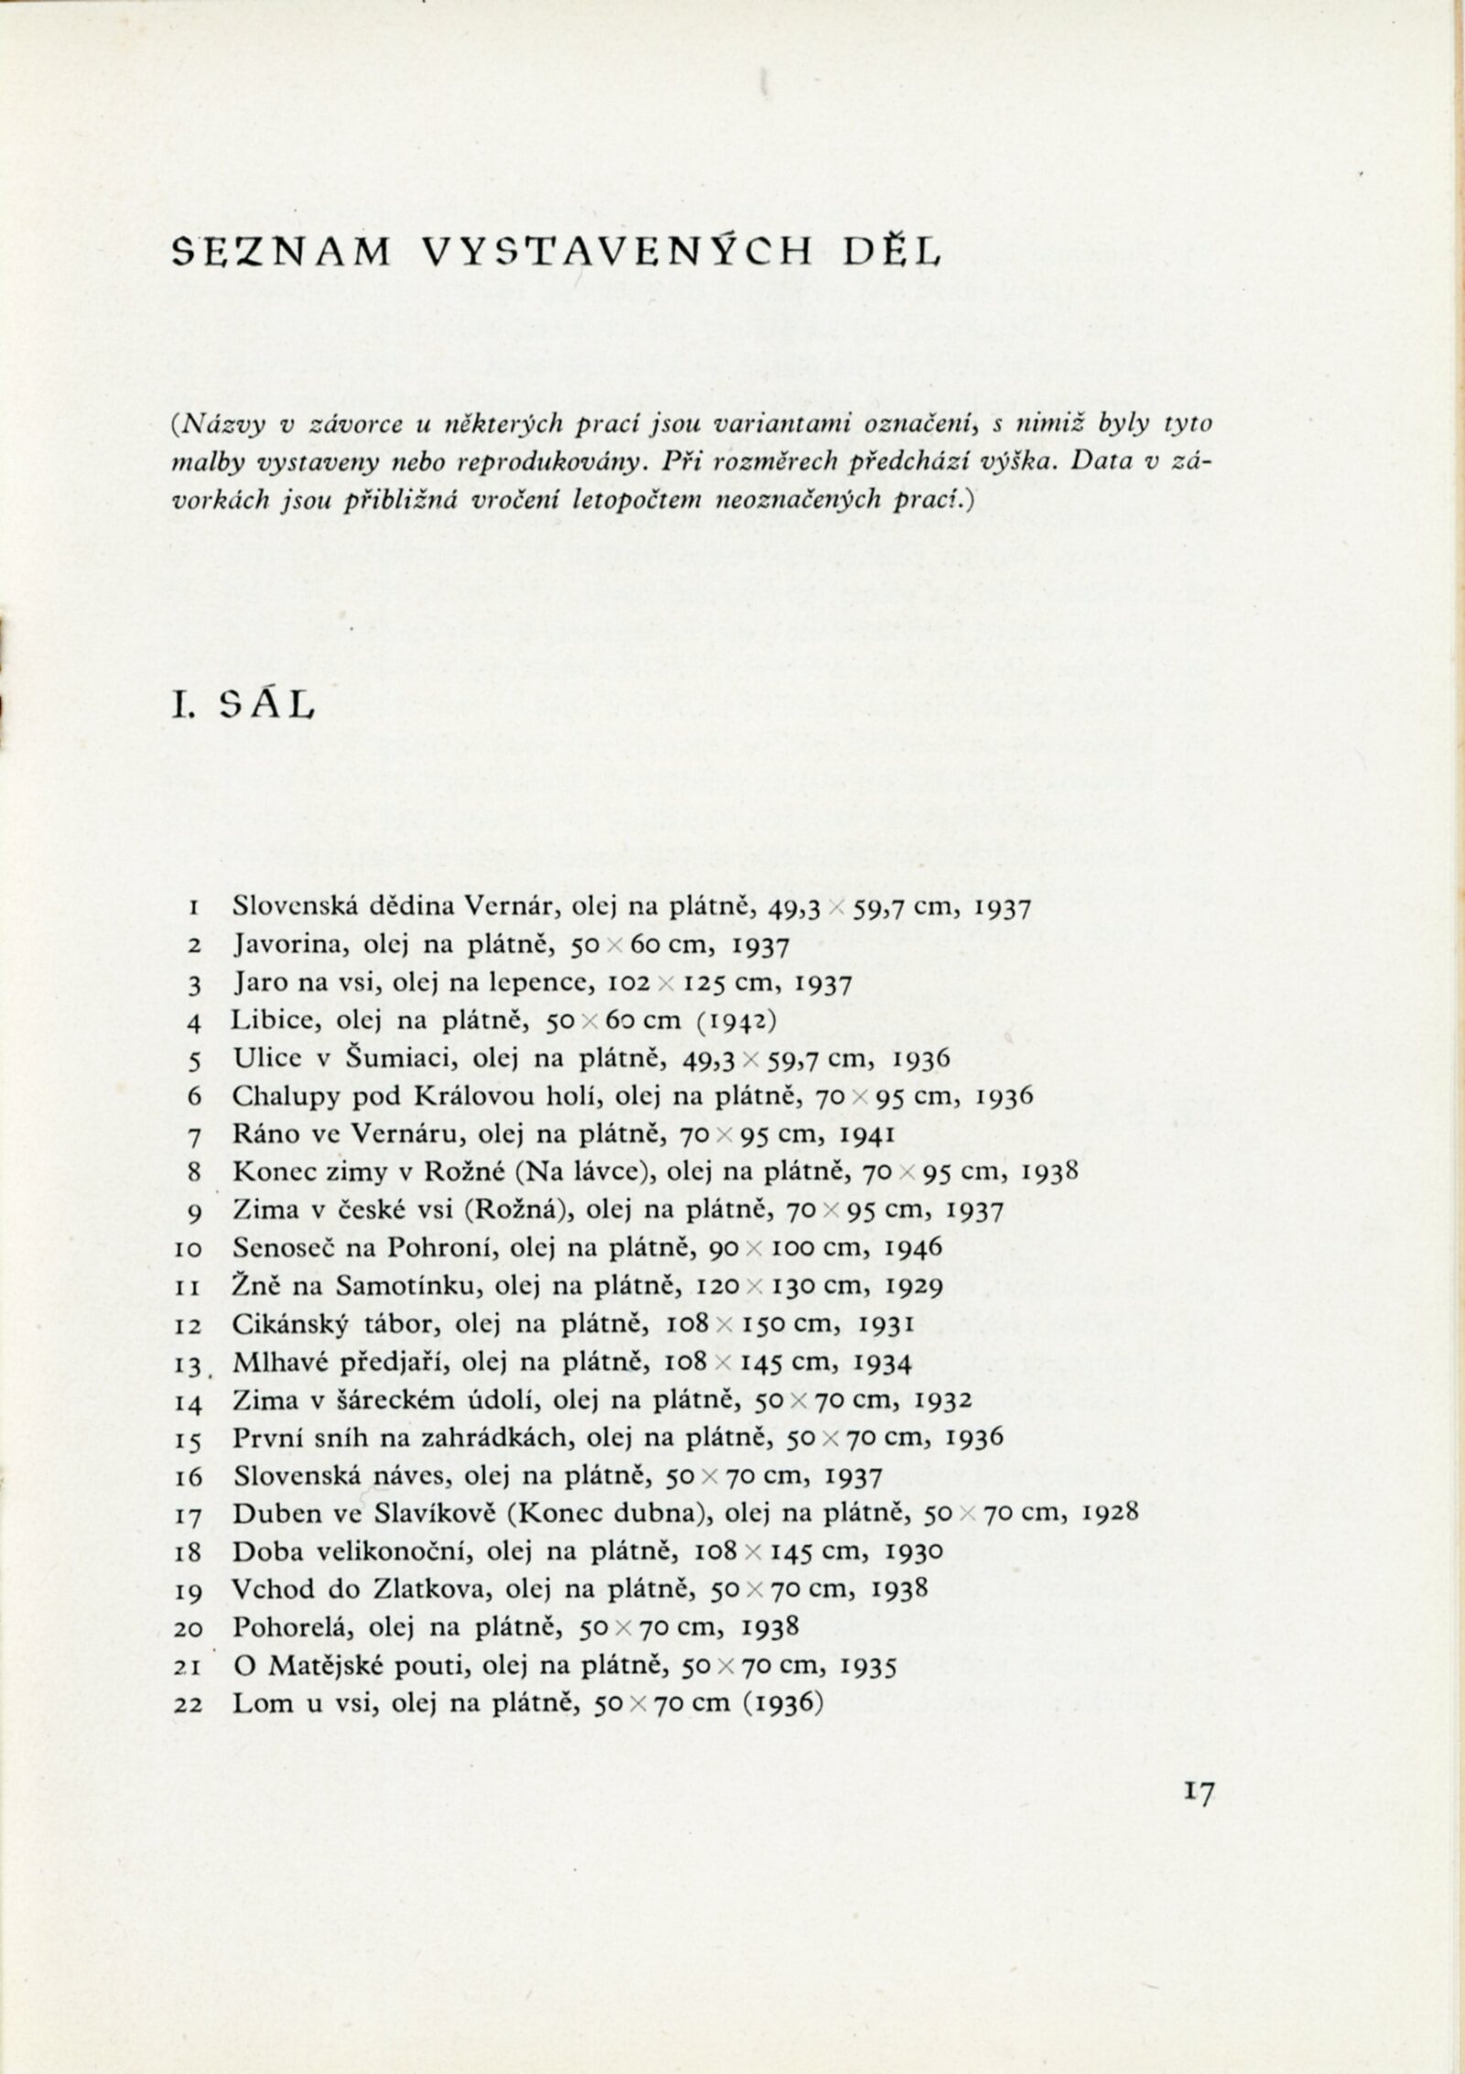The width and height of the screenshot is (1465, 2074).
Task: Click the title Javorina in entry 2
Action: point(280,945)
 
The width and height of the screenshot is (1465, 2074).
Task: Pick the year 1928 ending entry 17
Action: point(1111,1512)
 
